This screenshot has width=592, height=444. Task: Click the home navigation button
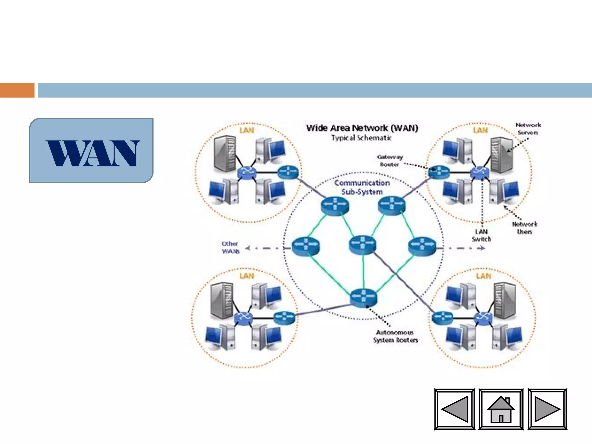click(501, 409)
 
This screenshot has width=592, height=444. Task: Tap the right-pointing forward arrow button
click(547, 409)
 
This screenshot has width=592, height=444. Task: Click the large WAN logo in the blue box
click(92, 153)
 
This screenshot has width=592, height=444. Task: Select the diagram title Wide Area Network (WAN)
click(362, 128)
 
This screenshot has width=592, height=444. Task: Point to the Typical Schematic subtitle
click(361, 138)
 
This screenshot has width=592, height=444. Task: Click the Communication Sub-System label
click(362, 187)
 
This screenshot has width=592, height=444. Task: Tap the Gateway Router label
click(390, 161)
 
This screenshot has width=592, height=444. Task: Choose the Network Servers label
click(528, 129)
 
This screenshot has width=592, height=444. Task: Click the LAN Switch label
click(481, 235)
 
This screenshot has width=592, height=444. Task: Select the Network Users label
click(524, 228)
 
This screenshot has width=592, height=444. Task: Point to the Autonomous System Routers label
click(395, 336)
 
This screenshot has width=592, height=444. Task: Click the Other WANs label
click(230, 248)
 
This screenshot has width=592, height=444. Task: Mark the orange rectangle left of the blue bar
click(17, 90)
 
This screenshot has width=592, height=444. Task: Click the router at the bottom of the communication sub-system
click(363, 297)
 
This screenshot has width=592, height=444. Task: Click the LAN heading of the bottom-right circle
click(484, 276)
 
